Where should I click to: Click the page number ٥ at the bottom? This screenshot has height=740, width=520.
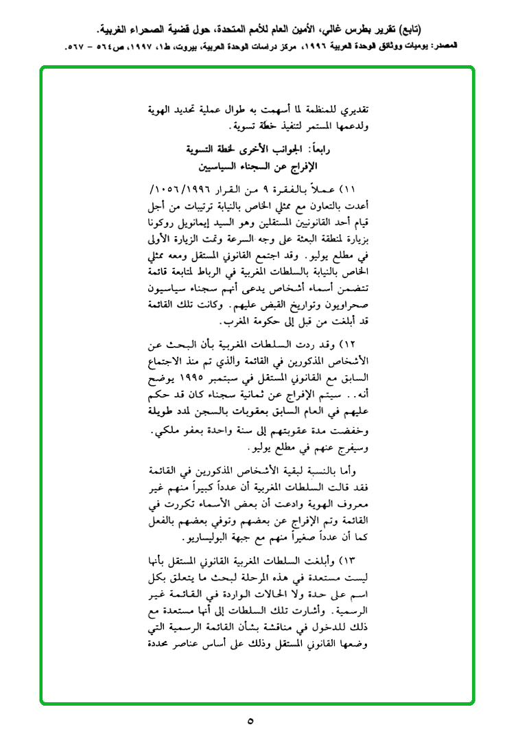point(250,721)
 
